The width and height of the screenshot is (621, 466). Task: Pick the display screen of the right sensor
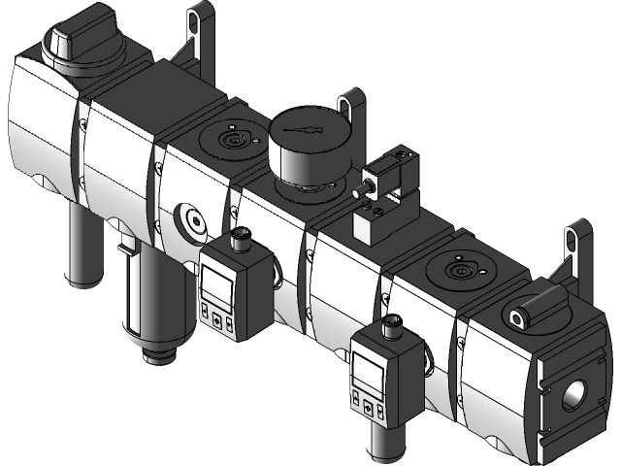click(369, 367)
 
